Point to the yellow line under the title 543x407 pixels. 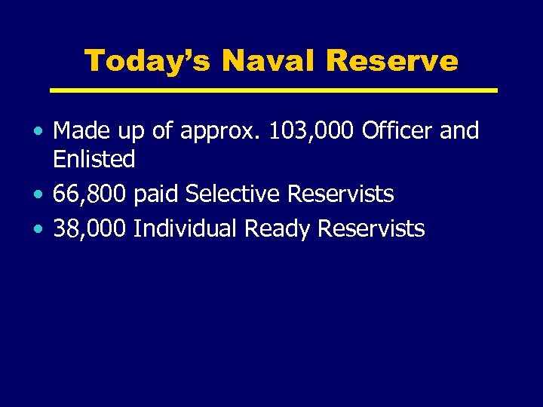click(274, 90)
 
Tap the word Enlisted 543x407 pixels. click(94, 159)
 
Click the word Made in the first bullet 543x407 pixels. click(79, 131)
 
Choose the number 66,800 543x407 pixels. click(90, 194)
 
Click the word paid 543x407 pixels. click(156, 195)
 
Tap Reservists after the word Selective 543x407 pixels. click(340, 194)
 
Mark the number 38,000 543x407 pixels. click(90, 228)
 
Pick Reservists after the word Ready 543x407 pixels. click(372, 228)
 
